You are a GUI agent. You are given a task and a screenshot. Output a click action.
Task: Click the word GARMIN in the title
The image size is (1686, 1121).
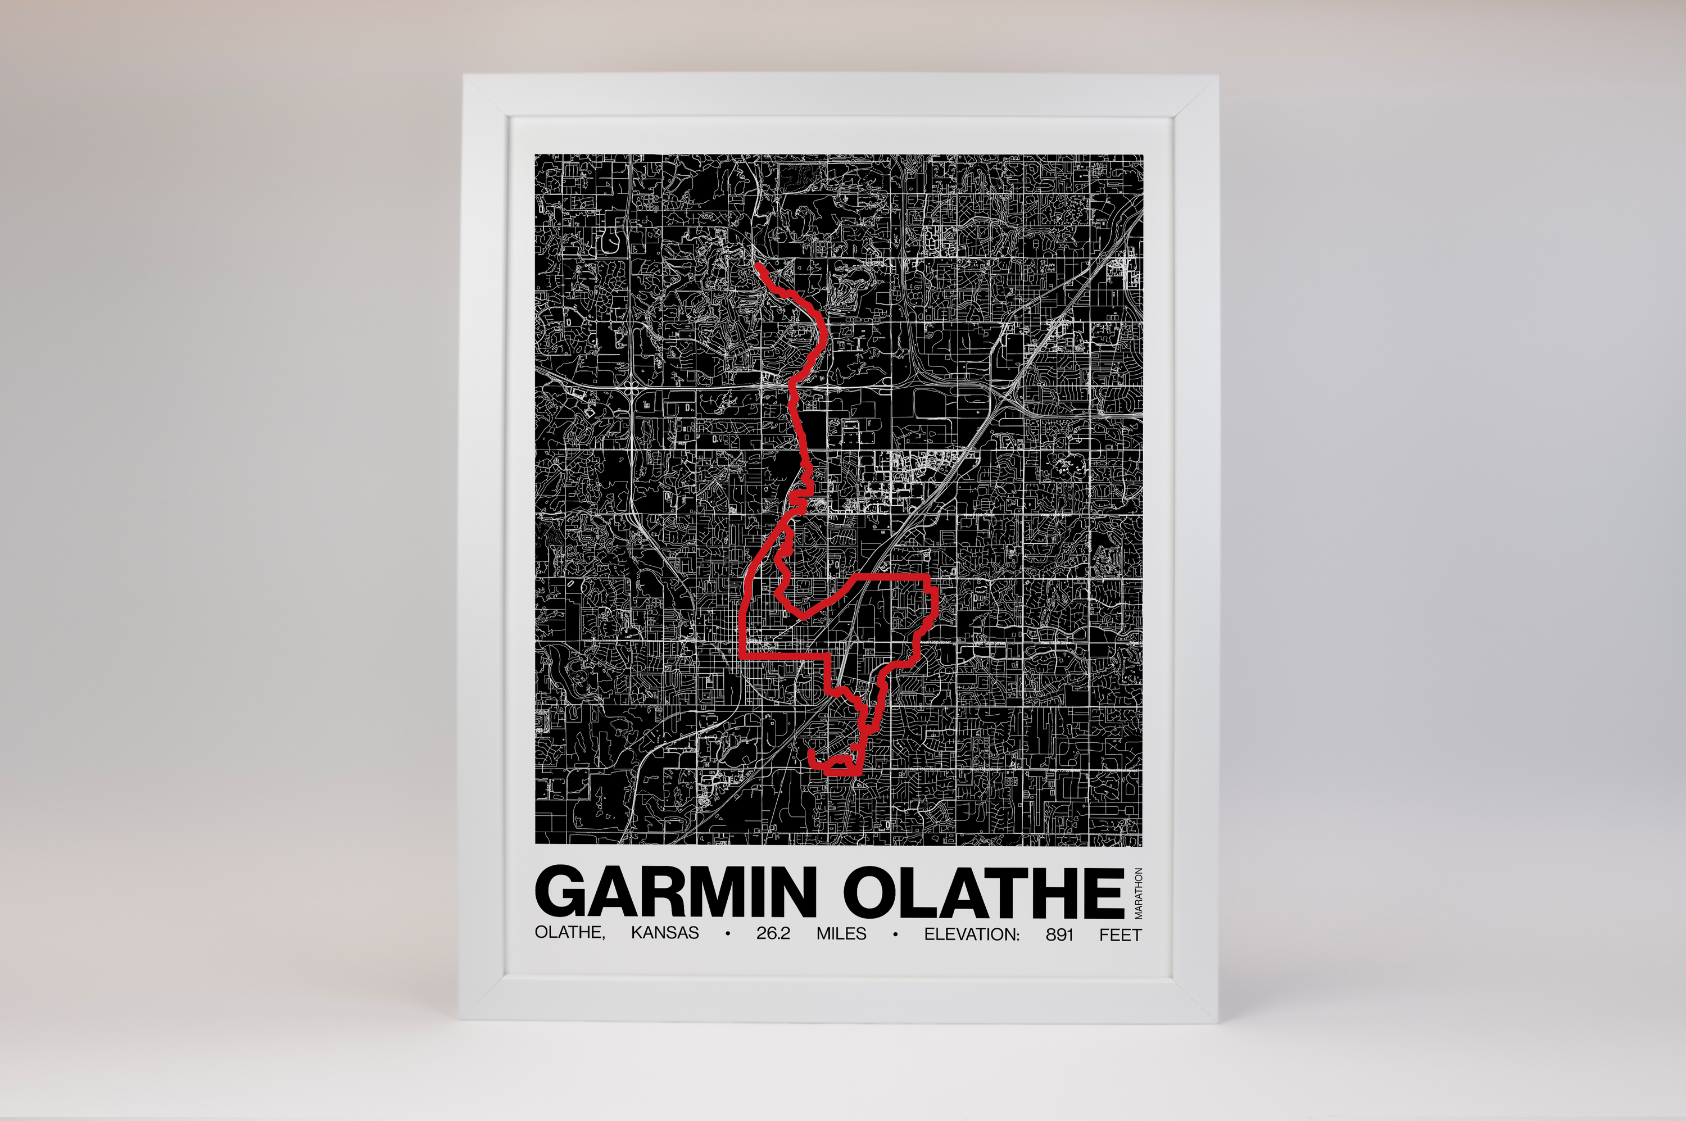[676, 892]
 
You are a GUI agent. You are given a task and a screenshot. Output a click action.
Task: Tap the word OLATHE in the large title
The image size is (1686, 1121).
[983, 892]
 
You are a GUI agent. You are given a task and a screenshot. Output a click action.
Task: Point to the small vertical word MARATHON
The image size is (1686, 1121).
[1138, 893]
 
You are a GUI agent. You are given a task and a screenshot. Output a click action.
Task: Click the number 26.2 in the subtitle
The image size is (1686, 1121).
[773, 934]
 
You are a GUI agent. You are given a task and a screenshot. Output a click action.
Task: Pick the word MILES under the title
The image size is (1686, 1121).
[841, 934]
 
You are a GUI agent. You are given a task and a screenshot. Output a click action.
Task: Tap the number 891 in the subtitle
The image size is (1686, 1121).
[1059, 934]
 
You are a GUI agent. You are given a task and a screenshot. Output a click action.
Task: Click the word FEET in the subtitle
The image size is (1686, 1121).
[1121, 934]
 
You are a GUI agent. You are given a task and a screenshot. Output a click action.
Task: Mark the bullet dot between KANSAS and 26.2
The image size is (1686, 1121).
[727, 934]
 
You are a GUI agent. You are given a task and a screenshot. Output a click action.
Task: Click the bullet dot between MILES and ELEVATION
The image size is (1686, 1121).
[895, 934]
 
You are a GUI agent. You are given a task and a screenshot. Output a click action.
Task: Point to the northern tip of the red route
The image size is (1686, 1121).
[756, 265]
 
